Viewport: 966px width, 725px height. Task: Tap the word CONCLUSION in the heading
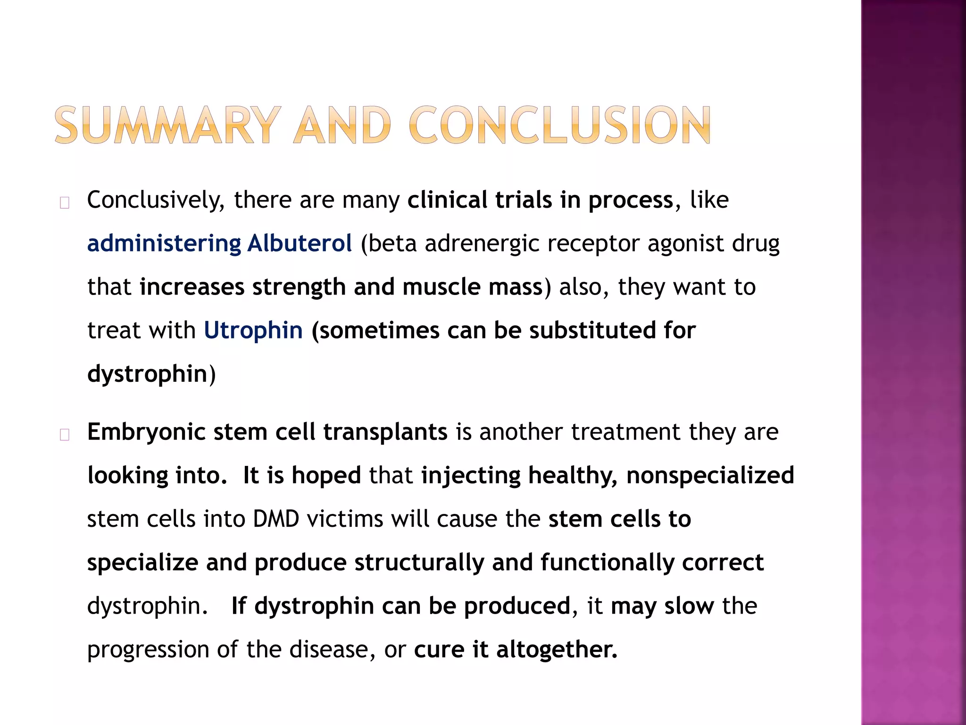coord(560,125)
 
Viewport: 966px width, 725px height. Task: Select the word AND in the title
coord(343,125)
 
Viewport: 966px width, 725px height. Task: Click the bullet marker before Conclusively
coord(65,203)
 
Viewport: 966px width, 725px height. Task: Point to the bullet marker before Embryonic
coord(65,435)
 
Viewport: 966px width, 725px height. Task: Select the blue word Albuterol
coord(300,244)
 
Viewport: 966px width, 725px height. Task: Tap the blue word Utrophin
coord(253,330)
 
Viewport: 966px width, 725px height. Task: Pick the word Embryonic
coord(146,432)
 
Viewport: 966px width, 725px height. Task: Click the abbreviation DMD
coord(276,519)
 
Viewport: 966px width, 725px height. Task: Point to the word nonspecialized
coord(710,476)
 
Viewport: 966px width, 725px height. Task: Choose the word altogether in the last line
coord(557,649)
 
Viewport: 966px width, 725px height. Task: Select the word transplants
coord(385,432)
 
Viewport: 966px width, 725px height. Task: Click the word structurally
coord(419,563)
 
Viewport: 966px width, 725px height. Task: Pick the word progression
coord(148,650)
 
